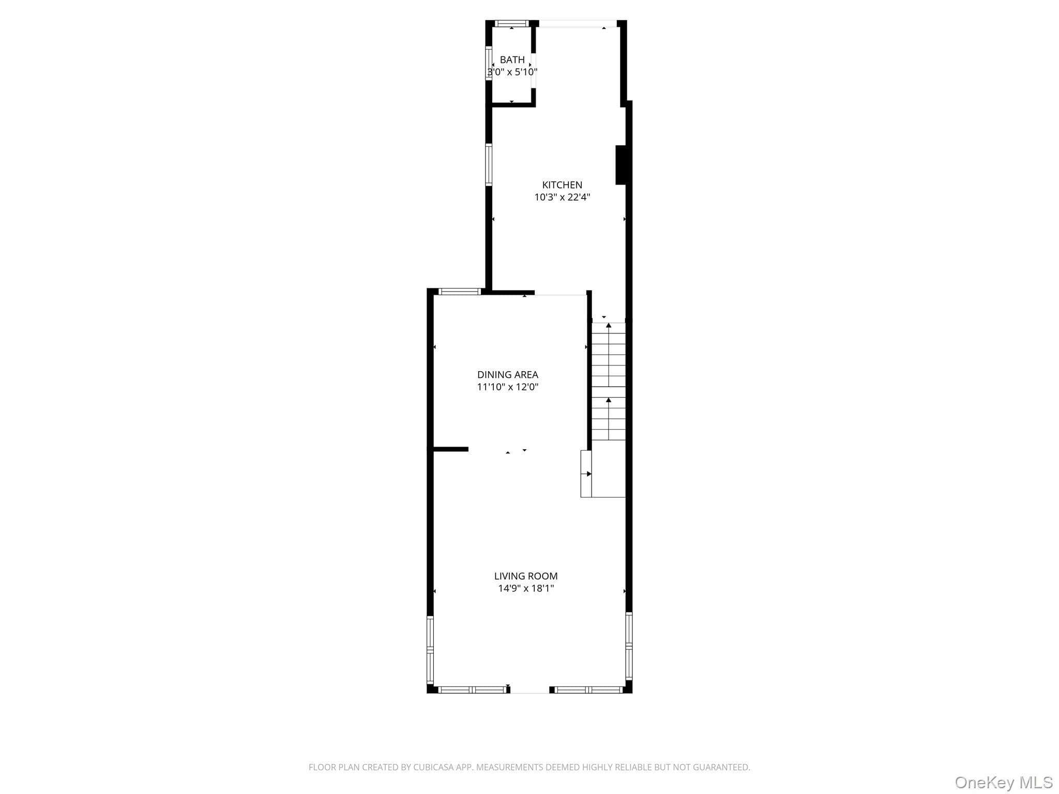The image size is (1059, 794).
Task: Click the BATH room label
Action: pyautogui.click(x=512, y=60)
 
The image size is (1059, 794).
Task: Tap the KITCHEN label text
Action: pyautogui.click(x=562, y=185)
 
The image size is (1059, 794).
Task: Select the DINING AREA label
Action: pyautogui.click(x=508, y=375)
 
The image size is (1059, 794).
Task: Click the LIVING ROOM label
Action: pyautogui.click(x=526, y=576)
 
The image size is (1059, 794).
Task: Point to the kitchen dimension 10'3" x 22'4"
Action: pyautogui.click(x=562, y=197)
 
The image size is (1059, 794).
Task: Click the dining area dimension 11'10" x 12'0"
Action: pyautogui.click(x=508, y=387)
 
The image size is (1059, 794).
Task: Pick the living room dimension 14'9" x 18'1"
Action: pyautogui.click(x=526, y=588)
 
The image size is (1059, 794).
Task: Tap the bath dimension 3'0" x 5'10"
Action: pyautogui.click(x=512, y=72)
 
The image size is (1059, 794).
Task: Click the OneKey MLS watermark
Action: pyautogui.click(x=1004, y=783)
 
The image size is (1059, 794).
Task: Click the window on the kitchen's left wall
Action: pyautogui.click(x=489, y=164)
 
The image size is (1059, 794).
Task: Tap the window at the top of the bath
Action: pyautogui.click(x=512, y=23)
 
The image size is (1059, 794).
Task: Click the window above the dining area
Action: pyautogui.click(x=460, y=292)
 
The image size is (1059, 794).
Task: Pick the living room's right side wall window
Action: pyautogui.click(x=629, y=646)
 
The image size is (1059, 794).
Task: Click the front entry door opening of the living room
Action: pyautogui.click(x=530, y=690)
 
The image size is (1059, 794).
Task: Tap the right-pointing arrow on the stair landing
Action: pyautogui.click(x=588, y=474)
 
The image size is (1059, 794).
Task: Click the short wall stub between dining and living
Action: pyautogui.click(x=450, y=449)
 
